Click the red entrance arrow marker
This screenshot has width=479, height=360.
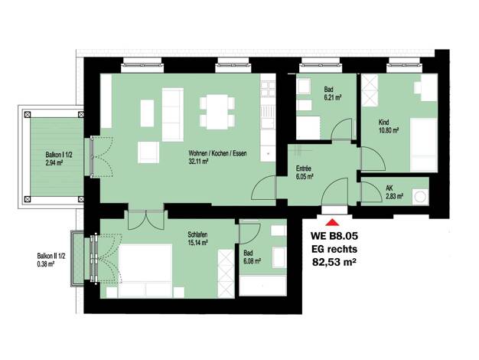point(332,222)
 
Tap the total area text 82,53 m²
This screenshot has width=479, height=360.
point(334,262)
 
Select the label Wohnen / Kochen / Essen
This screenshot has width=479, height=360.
point(217,153)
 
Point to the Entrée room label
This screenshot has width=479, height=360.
point(303,169)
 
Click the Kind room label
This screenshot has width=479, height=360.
point(383,123)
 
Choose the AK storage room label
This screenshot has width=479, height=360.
point(389,188)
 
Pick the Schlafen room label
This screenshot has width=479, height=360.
point(197,234)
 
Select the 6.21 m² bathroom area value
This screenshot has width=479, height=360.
point(333,97)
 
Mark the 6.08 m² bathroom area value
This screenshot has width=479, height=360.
point(252,261)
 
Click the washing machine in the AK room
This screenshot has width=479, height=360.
point(420,197)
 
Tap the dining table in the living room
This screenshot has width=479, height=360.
point(217,112)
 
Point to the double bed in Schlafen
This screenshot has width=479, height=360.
point(145,270)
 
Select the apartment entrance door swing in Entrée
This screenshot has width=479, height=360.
point(335,191)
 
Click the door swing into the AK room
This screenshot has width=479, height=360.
point(372,191)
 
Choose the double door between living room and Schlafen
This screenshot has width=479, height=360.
point(146,220)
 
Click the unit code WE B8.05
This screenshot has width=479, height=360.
point(334,236)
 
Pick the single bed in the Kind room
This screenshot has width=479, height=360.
point(424,145)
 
